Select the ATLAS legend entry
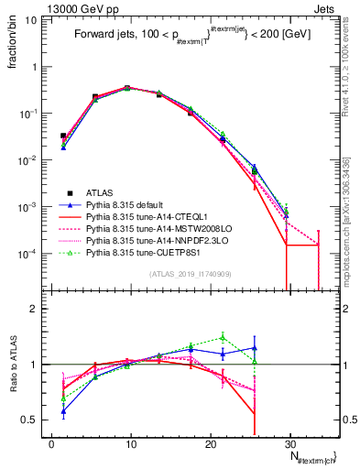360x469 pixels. [x=101, y=193]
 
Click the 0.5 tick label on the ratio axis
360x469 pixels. [x=34, y=420]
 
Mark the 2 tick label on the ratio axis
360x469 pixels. [x=39, y=309]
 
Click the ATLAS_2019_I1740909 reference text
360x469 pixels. [x=191, y=274]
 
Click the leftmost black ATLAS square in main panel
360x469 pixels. [x=63, y=136]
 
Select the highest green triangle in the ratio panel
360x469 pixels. [x=223, y=337]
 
